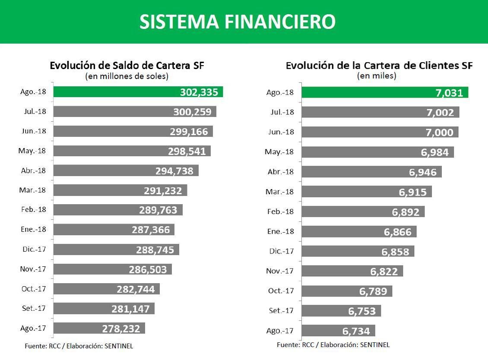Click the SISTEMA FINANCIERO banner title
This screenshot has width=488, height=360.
coord(238,22)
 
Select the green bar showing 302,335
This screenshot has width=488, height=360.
coord(138,92)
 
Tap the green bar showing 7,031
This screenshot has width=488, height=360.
coord(384,92)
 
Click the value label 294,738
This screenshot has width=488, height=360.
coord(174,171)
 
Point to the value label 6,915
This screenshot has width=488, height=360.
coord(412,193)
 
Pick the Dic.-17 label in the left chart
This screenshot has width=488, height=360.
coord(33,249)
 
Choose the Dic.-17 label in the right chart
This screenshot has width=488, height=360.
coord(280,251)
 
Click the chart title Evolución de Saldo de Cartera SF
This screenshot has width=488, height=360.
coord(127,66)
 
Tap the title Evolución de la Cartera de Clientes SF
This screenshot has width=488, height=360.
coord(379,66)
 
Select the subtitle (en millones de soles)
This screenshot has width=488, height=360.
coord(127,76)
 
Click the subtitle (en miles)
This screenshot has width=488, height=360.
coord(377,76)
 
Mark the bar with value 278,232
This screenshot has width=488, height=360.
coord(99,328)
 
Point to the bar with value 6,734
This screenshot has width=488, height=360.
coord(338,331)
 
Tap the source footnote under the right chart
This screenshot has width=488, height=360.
coord(333,344)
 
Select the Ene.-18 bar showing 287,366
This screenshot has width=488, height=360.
coord(114,230)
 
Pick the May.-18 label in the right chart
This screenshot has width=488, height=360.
coord(279,152)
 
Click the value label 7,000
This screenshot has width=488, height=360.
coord(440,133)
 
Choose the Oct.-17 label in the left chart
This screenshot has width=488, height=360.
coord(33,289)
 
